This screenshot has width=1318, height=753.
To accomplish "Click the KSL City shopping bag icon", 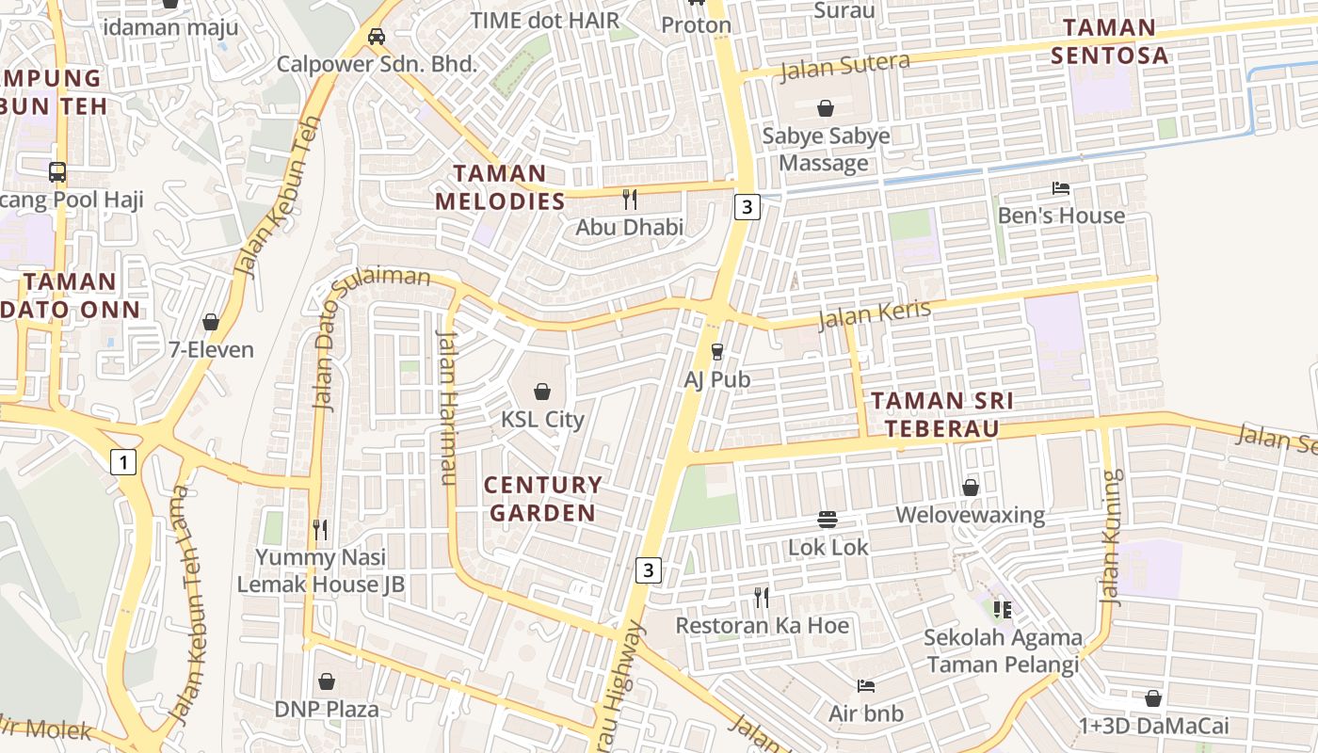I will pyautogui.click(x=542, y=391).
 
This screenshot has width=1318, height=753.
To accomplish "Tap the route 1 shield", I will pyautogui.click(x=123, y=461).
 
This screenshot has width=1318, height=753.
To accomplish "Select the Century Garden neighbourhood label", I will pyautogui.click(x=542, y=499).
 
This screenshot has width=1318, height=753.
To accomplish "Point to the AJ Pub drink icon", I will pyautogui.click(x=717, y=351).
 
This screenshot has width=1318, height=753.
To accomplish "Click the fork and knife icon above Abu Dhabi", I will pyautogui.click(x=630, y=199).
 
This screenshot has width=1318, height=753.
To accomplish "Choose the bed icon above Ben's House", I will pyautogui.click(x=1061, y=188).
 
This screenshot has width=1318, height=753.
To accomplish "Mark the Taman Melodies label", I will pyautogui.click(x=500, y=186).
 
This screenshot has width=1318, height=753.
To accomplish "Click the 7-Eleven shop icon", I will pyautogui.click(x=211, y=322).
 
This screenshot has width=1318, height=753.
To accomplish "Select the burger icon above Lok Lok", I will pyautogui.click(x=828, y=520).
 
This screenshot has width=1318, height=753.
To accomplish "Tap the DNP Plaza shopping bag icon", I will pyautogui.click(x=327, y=681).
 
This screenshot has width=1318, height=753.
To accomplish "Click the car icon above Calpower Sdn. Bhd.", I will pyautogui.click(x=377, y=37).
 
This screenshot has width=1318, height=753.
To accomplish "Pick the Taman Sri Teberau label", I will pyautogui.click(x=941, y=414).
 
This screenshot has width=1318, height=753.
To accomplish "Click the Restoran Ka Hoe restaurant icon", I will pyautogui.click(x=762, y=597).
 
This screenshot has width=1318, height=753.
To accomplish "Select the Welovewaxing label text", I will pyautogui.click(x=970, y=515).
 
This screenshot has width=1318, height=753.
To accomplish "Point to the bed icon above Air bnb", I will pyautogui.click(x=866, y=685).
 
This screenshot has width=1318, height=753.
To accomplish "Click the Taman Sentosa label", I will pyautogui.click(x=1109, y=40).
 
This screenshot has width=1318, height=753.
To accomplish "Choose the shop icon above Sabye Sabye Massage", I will pyautogui.click(x=826, y=108).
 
